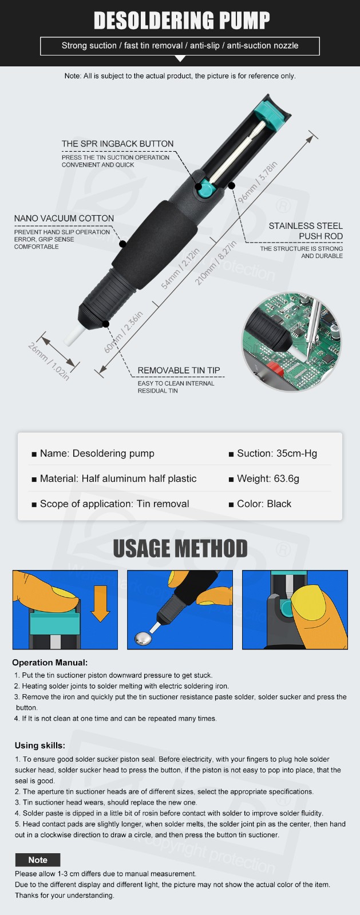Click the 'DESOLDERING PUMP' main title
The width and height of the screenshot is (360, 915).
(x=182, y=21)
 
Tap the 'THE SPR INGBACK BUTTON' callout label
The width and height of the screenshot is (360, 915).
(x=118, y=144)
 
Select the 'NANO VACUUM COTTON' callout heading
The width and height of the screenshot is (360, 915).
(x=64, y=219)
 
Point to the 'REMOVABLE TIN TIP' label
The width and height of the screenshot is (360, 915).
(x=179, y=370)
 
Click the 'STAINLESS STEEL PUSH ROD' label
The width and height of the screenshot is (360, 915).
(x=306, y=231)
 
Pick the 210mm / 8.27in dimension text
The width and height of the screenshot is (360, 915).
(x=216, y=263)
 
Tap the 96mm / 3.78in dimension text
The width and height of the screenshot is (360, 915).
(x=258, y=182)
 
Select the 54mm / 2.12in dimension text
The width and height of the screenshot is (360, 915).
(x=180, y=268)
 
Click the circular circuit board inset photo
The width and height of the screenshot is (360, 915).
(x=292, y=342)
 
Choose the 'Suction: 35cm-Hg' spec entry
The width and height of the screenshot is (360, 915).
(x=273, y=453)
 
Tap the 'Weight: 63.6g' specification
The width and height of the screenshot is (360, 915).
(x=264, y=478)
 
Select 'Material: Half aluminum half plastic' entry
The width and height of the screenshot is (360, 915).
(x=114, y=478)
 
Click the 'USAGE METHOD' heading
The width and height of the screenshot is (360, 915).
(x=180, y=549)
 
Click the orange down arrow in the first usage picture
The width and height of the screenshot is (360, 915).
(x=100, y=603)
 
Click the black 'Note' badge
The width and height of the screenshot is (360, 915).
(x=38, y=860)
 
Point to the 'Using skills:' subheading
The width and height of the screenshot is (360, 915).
(x=40, y=746)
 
